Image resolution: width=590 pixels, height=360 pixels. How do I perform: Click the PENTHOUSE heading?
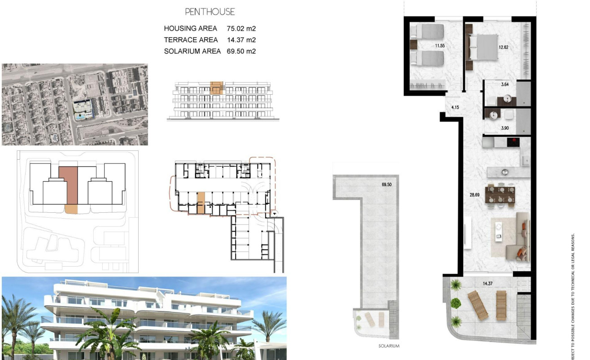pyautogui.click(x=210, y=12)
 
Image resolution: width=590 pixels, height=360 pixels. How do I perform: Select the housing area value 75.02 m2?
pyautogui.click(x=241, y=28)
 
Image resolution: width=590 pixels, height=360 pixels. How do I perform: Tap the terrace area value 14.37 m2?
pyautogui.click(x=241, y=40)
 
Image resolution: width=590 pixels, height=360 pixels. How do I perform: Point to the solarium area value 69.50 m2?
pyautogui.click(x=241, y=51)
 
